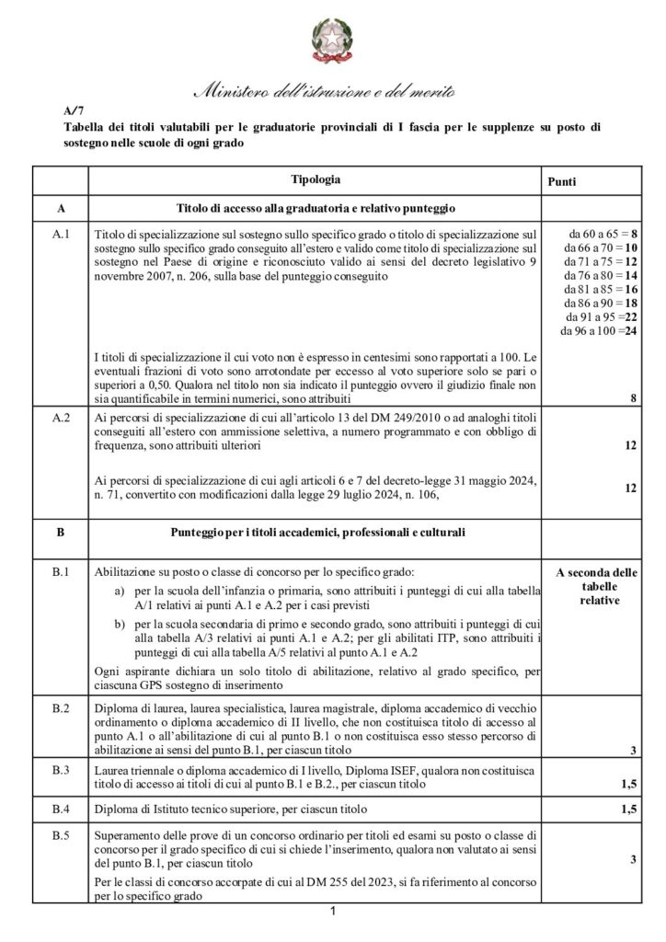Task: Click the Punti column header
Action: coord(563,182)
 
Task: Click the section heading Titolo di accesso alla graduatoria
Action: coord(316,208)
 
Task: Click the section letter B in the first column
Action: coord(61,532)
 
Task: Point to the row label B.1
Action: coord(61,571)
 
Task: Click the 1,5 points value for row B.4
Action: coord(628,810)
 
